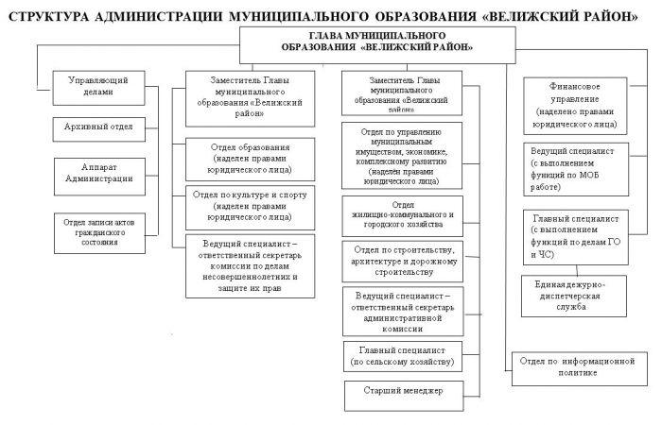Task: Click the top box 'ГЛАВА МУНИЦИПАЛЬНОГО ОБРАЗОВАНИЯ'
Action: [x=377, y=40]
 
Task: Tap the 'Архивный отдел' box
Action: [x=97, y=127]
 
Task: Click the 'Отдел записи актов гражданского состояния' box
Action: [x=98, y=229]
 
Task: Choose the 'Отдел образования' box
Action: [x=251, y=160]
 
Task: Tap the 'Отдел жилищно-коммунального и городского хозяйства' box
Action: [x=403, y=215]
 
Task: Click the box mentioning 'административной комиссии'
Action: [x=403, y=309]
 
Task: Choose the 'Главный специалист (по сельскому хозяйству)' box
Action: [x=403, y=354]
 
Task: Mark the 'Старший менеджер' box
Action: [x=403, y=390]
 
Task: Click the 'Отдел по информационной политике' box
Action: [x=577, y=365]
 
